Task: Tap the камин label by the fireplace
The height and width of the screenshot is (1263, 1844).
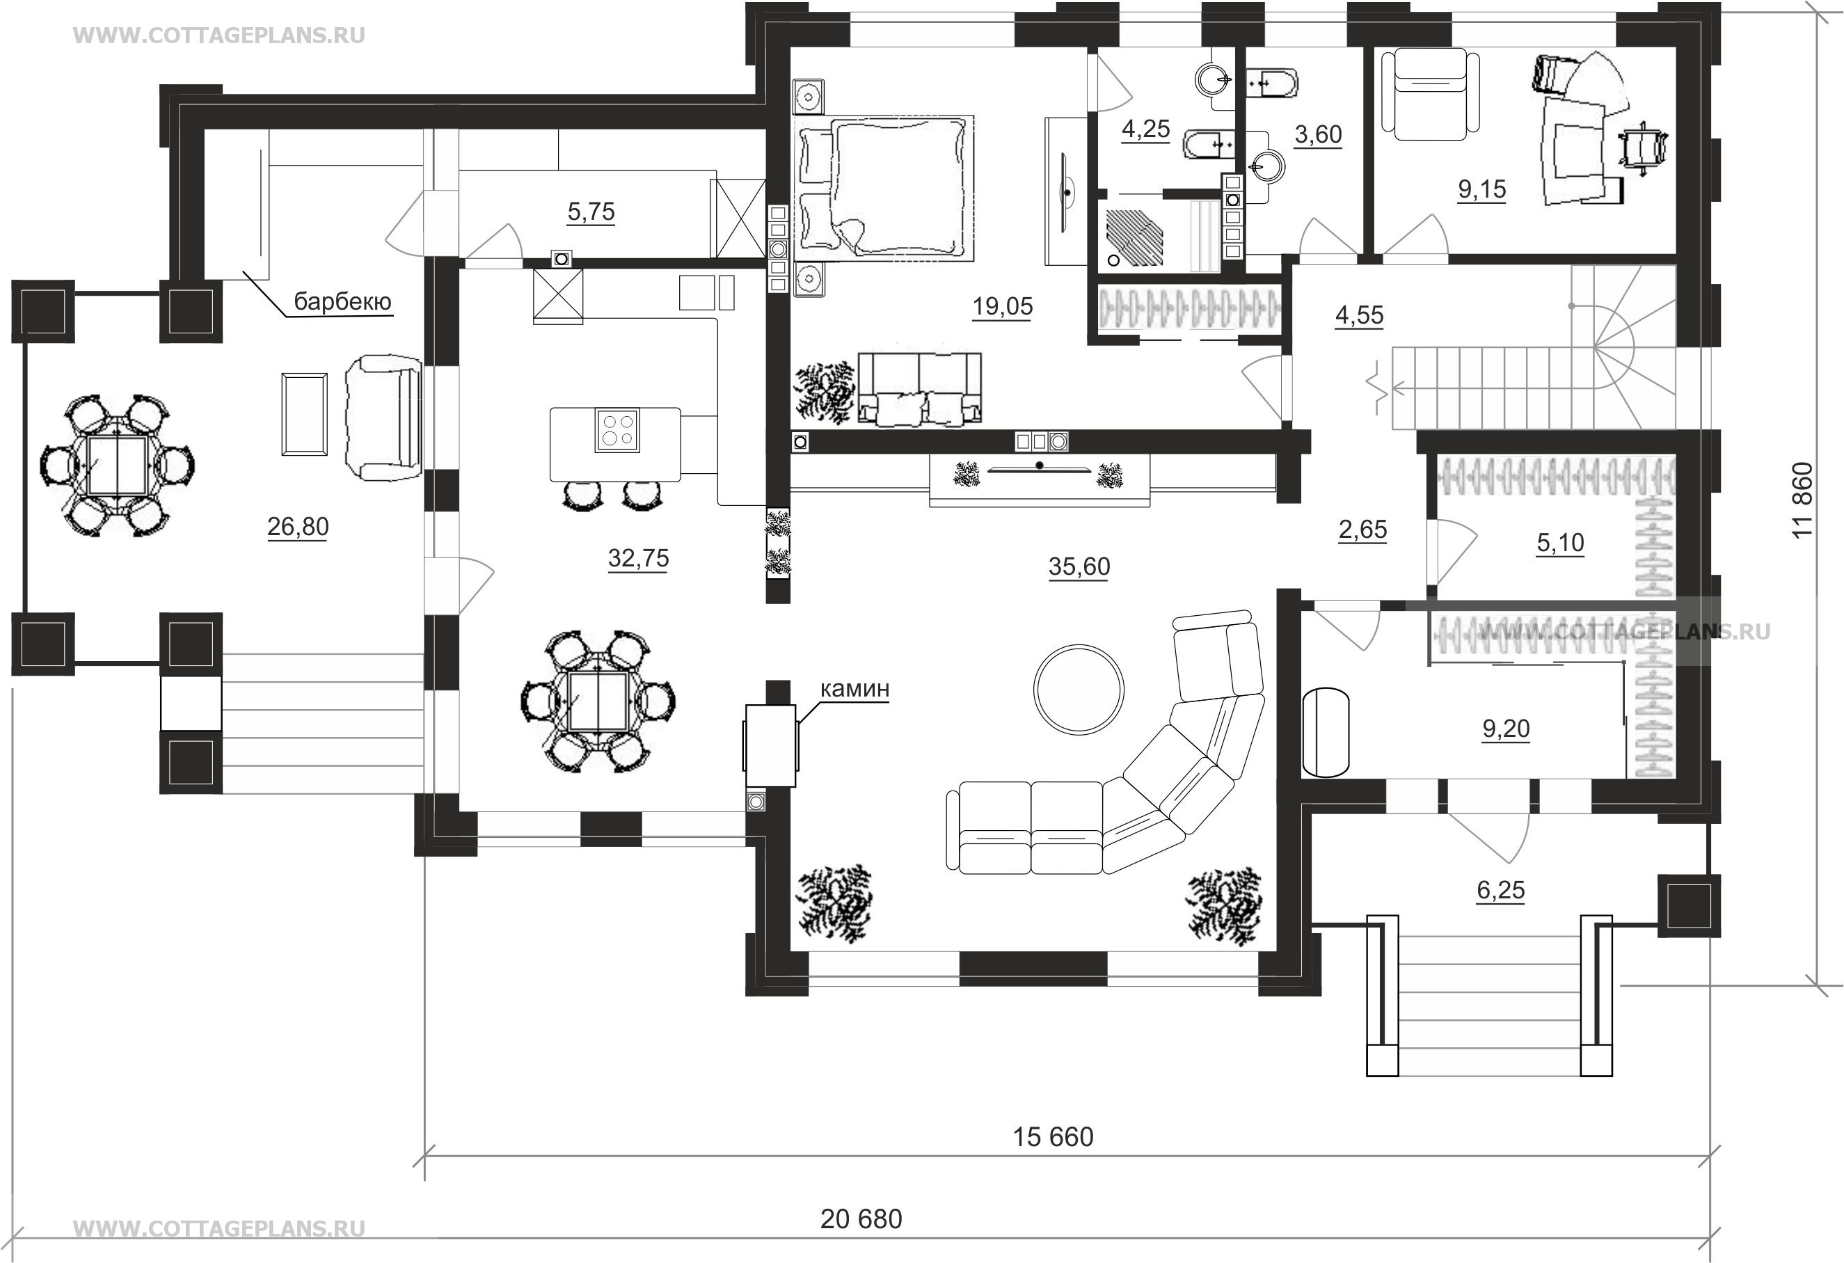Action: point(855,689)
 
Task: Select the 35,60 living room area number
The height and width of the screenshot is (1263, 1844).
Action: point(1079,566)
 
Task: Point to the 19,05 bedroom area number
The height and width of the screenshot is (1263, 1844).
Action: point(1003,306)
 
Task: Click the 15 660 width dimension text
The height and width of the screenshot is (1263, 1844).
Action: point(1053,1137)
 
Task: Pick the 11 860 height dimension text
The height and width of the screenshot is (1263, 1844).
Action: point(1803,500)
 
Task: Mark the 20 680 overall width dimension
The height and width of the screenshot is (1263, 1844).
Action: point(861,1218)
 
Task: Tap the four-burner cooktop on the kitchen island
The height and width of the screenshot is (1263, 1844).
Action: point(617,430)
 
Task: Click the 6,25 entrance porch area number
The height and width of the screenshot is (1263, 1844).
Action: point(1500,890)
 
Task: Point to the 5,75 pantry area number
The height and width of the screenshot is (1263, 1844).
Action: point(591,212)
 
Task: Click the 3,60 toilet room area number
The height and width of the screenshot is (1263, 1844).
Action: point(1318,135)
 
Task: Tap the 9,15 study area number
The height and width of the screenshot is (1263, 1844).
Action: point(1482,189)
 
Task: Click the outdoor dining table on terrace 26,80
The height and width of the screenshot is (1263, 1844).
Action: point(117,466)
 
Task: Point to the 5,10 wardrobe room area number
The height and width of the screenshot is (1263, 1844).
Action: point(1560,543)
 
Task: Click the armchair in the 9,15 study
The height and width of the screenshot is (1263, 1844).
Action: point(1431,94)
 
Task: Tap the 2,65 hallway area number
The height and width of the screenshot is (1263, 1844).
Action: point(1362,529)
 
